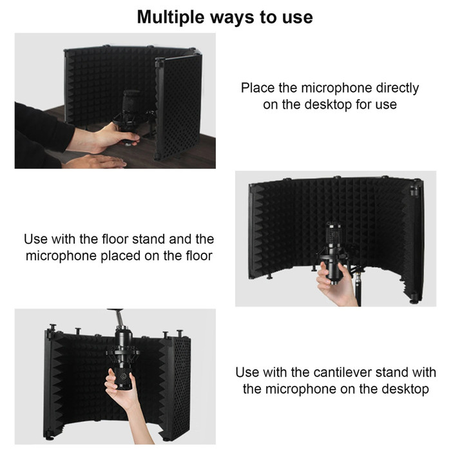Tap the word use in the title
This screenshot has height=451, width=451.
click(296, 17)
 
